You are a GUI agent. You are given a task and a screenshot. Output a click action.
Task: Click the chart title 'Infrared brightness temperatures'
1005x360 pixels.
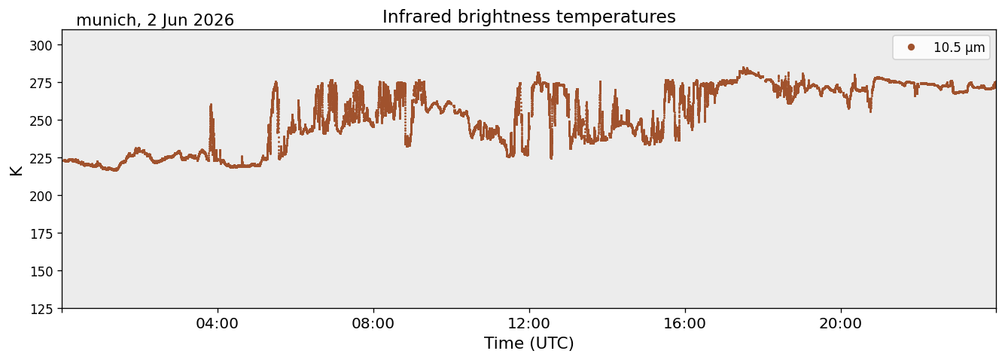[x=529, y=17]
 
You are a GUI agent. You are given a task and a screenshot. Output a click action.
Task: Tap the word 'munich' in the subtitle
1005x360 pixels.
[x=106, y=20]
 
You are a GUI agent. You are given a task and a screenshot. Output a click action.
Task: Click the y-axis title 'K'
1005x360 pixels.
[x=16, y=170]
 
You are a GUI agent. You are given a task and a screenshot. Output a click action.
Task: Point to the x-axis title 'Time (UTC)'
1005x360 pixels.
[x=529, y=343]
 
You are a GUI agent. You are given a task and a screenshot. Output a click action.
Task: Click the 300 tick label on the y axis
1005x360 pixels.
[x=41, y=45]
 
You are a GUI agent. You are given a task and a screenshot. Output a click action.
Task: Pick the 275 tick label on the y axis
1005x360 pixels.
[x=41, y=83]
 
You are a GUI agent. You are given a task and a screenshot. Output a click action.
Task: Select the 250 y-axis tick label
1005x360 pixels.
[x=41, y=121]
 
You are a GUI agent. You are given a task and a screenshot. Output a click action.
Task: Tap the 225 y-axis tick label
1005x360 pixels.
[x=41, y=158]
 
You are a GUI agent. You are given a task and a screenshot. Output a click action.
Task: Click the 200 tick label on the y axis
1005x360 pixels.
[x=41, y=196]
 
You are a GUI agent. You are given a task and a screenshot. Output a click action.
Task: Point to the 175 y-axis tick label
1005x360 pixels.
[x=41, y=234]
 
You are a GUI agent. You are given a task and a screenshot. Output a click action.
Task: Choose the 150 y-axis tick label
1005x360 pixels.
[x=41, y=272]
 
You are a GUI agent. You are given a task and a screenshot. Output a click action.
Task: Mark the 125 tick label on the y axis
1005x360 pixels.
[x=41, y=310]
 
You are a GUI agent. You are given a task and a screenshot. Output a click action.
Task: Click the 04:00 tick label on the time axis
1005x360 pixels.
[x=218, y=324]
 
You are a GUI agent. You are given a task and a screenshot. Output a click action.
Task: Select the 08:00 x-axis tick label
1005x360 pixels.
[x=373, y=324]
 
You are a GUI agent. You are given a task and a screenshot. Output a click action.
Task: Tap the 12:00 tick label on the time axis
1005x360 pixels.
[x=529, y=324]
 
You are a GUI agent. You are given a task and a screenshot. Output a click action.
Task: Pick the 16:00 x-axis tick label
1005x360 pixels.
[x=684, y=324]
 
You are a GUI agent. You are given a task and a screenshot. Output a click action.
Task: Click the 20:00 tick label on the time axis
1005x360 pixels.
[x=840, y=324]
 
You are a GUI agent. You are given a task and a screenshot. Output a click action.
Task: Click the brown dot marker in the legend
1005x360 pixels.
[x=911, y=47]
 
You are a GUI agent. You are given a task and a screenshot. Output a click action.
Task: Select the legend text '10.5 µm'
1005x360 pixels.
[x=959, y=47]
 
